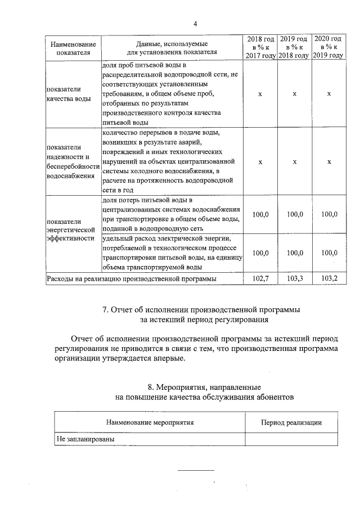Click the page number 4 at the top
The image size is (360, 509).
pos(195,23)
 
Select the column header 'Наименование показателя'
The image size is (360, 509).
pos(73,48)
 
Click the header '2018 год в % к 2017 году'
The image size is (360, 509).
pos(260,48)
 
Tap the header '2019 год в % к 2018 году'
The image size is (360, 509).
pos(294,48)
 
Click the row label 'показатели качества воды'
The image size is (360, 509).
pos(68,94)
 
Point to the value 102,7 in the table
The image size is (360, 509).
pos(260,278)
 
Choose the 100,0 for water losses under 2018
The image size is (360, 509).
pos(260,214)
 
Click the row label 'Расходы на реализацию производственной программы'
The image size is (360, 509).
pos(132,278)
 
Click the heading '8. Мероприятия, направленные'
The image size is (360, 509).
pos(204,388)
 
